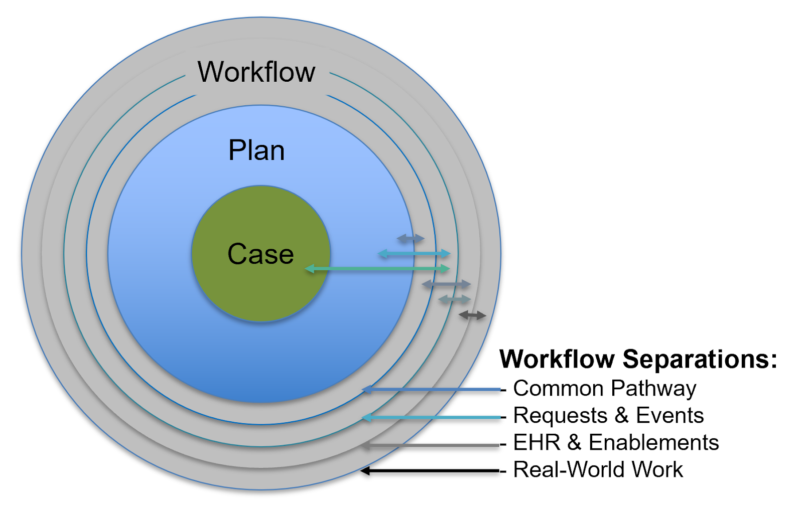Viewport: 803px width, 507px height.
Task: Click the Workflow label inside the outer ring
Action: [x=256, y=72]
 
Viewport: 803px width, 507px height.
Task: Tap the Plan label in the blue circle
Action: [x=256, y=150]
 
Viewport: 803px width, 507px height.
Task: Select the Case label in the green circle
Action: [x=260, y=254]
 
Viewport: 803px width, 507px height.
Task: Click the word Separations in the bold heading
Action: [x=700, y=359]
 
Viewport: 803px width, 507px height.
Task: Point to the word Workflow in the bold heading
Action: [x=557, y=359]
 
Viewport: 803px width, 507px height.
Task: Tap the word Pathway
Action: [x=653, y=389]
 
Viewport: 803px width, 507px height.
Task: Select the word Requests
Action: [x=560, y=416]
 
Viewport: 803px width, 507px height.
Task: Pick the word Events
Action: [x=670, y=416]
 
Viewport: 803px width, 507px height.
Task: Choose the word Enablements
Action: [x=653, y=443]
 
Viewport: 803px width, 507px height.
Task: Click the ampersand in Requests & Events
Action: [x=621, y=416]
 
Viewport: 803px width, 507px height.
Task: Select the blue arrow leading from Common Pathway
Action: [x=432, y=389]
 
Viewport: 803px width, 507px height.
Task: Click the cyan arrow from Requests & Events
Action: [x=432, y=417]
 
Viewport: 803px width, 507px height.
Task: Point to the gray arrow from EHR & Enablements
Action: [x=432, y=445]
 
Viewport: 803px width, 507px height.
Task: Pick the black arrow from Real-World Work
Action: [x=432, y=470]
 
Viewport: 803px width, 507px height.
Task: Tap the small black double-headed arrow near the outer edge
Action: [x=472, y=315]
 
